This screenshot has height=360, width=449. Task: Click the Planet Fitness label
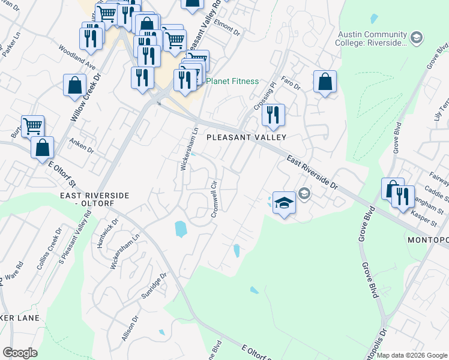point(232,82)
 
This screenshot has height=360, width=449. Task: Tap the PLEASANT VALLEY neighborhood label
point(246,137)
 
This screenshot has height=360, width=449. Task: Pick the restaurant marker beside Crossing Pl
point(273,115)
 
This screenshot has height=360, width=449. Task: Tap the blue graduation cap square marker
point(284,203)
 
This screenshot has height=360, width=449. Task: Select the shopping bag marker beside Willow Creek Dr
point(75,85)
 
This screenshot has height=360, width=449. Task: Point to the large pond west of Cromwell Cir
point(180,229)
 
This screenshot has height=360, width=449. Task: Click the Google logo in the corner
point(20,353)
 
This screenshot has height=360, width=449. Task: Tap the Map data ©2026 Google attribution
point(412,355)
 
